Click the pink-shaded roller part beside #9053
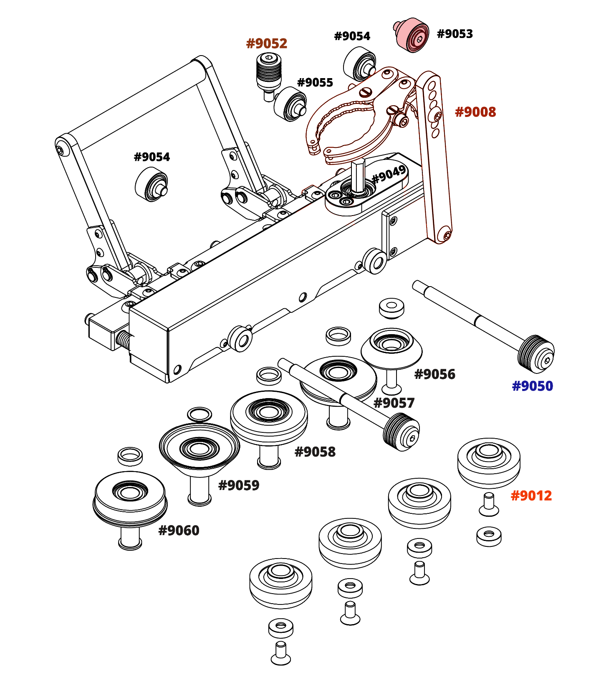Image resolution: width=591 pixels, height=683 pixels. (412, 35)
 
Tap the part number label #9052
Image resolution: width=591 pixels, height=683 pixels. (267, 43)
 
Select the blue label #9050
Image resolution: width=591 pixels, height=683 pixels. (532, 386)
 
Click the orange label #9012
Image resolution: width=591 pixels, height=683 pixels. (531, 496)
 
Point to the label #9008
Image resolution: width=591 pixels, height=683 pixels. (475, 112)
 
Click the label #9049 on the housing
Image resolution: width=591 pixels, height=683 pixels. (389, 174)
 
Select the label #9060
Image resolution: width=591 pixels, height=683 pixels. (179, 531)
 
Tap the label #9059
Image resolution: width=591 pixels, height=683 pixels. (239, 485)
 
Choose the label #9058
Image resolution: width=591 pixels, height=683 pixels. (315, 452)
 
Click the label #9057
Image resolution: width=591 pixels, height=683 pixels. (394, 403)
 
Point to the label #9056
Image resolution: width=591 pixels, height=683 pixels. (434, 374)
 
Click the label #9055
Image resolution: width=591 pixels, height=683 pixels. (315, 83)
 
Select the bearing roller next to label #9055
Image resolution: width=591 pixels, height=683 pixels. (290, 104)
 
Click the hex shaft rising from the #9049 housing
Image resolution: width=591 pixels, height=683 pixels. (358, 175)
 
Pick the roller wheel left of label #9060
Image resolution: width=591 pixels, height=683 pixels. (130, 497)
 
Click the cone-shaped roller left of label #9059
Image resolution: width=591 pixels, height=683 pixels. (200, 449)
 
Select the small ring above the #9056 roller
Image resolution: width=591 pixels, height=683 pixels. (391, 307)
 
